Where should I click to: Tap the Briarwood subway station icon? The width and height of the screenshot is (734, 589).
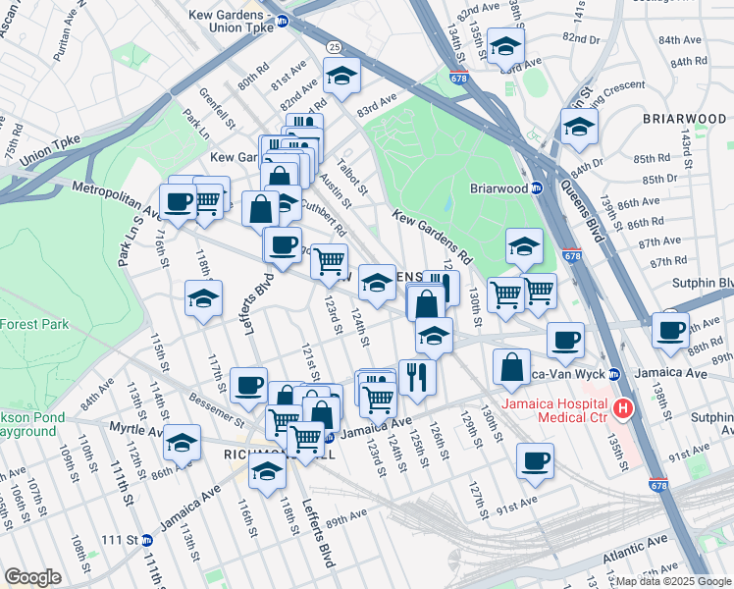[537, 188]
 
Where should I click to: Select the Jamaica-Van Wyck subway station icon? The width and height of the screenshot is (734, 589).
[614, 374]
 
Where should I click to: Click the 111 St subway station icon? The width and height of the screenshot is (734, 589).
[146, 540]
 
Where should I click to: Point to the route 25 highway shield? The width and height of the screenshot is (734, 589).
[334, 46]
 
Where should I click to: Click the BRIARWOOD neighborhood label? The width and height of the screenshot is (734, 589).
[683, 119]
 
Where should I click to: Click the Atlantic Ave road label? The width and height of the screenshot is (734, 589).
[638, 556]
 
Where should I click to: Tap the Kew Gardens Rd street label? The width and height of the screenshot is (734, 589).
[433, 236]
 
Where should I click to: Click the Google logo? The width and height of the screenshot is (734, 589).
[32, 577]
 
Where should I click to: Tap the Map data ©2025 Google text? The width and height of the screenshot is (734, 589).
[672, 582]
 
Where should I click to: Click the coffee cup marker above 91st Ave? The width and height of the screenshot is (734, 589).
[535, 461]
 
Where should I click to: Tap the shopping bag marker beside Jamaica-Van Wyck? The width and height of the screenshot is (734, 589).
[511, 368]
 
